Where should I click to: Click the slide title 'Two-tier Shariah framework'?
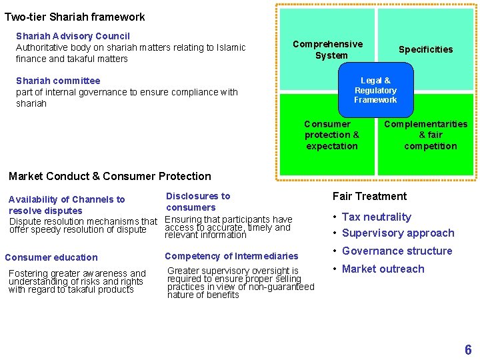click(75, 17)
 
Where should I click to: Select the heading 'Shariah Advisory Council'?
click(73, 36)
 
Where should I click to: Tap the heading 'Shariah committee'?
click(58, 81)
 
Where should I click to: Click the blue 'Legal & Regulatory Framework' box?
click(375, 91)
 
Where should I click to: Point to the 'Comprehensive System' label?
click(328, 49)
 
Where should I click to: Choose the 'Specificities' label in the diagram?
click(425, 49)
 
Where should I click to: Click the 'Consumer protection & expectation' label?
click(331, 135)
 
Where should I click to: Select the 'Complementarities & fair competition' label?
click(426, 135)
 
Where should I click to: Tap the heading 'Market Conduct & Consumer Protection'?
click(109, 177)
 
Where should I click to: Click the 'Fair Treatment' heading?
click(369, 196)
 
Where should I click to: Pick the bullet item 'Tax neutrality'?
click(377, 217)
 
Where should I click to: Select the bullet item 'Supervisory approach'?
click(398, 233)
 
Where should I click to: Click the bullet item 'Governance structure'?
click(397, 251)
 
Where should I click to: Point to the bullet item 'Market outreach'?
click(383, 269)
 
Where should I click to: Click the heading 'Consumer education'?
click(51, 257)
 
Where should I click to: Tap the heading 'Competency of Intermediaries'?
click(231, 256)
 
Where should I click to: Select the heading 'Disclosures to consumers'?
click(197, 201)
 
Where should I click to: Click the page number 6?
click(468, 350)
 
